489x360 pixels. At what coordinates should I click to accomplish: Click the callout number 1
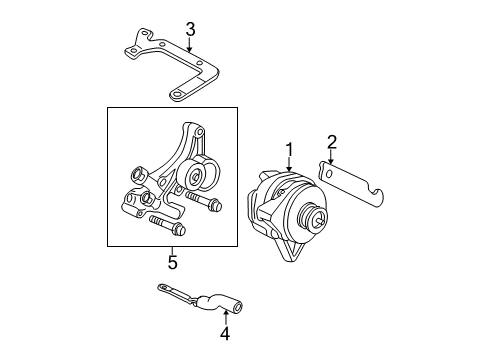point(289,150)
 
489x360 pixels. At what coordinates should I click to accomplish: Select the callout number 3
point(188,29)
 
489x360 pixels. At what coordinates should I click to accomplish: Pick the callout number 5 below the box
point(172,263)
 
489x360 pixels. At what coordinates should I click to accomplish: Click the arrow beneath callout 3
point(188,45)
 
